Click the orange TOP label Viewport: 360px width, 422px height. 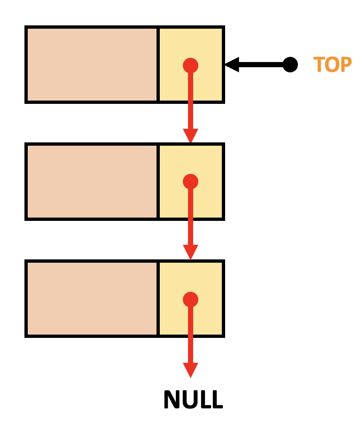333,64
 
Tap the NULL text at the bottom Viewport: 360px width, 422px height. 193,399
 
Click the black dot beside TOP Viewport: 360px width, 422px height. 290,64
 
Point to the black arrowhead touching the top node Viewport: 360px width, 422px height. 232,64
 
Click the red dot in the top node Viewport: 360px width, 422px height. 190,65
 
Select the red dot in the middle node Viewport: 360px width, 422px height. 190,182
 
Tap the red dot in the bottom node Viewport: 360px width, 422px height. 190,299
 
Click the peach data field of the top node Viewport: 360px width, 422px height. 92,64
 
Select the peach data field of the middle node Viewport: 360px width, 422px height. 92,182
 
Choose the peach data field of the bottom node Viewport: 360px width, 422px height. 92,299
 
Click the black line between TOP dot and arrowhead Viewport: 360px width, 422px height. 261,64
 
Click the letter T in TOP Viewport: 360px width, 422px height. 319,64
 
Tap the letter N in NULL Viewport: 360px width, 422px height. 172,399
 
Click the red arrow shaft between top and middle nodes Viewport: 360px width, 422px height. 190,101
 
